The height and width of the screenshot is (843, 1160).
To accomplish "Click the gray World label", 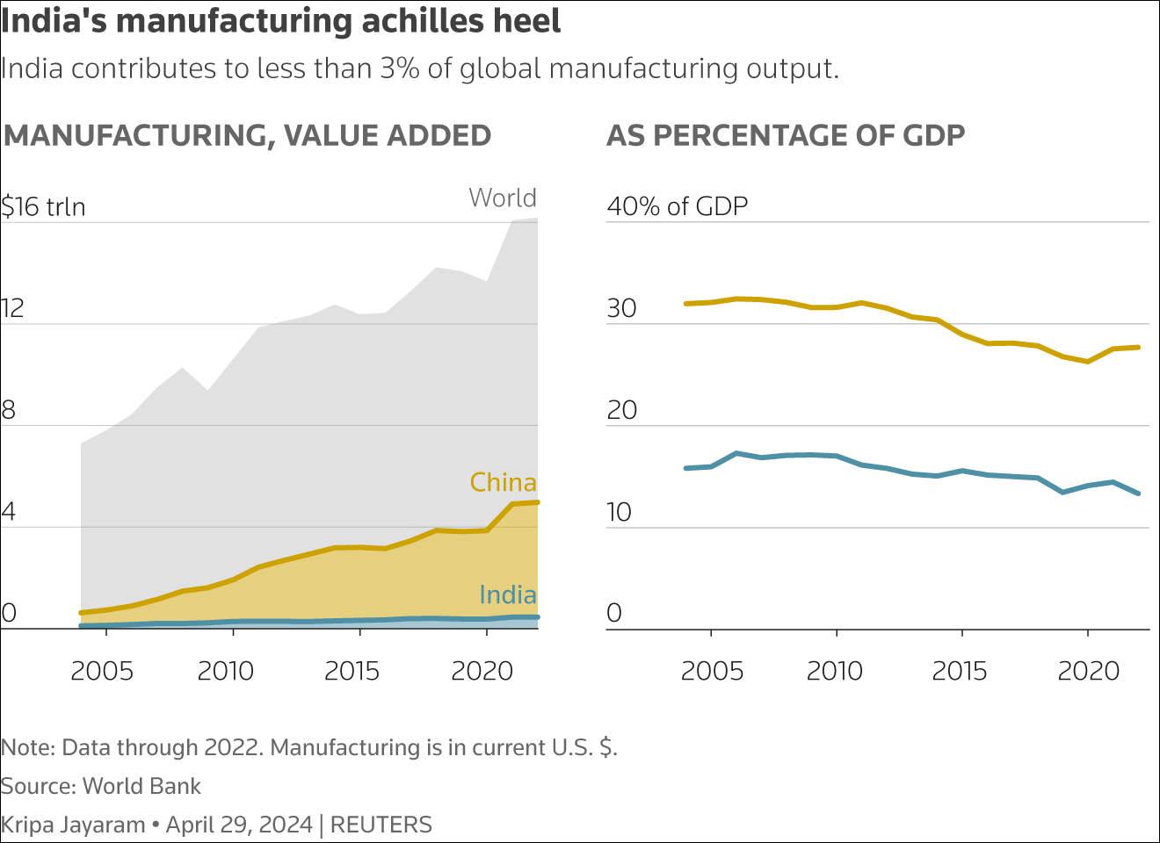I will point(502,198).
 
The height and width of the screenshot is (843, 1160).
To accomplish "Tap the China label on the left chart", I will point(503,482).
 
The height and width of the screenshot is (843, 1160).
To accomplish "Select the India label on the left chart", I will point(507,594).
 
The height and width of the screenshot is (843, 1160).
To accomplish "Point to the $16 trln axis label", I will point(43,206).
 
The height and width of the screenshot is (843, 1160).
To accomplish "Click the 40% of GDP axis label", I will point(677,206).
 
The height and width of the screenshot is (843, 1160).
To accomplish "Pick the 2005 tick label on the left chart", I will point(102,671).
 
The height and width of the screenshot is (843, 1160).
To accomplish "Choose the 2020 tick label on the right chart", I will point(1088,671).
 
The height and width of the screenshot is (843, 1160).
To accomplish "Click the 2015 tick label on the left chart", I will point(352,671).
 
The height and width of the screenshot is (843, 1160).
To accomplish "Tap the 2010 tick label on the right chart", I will point(835,671).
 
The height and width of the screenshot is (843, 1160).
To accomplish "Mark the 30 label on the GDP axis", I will point(621,308).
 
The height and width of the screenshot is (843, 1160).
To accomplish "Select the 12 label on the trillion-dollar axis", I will point(12,308).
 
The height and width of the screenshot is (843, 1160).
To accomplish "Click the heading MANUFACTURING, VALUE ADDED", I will point(247,135).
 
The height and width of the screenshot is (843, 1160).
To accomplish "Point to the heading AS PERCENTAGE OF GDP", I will point(786,135).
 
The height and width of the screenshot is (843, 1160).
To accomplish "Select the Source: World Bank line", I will point(101,786).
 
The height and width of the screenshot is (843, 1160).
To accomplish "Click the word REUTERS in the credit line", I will point(381,825).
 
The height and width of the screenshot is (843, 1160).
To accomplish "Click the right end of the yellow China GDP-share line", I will point(1139,348).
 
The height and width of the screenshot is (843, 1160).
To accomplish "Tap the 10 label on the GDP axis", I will point(619,512).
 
